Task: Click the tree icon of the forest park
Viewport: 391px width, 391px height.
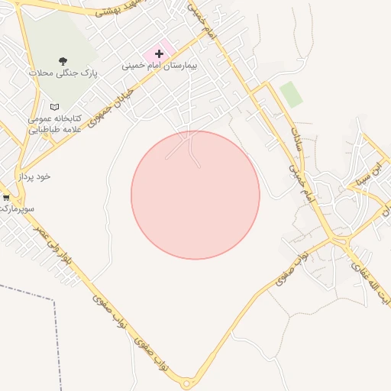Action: coord(62,60)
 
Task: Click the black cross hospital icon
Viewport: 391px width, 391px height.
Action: coord(159,53)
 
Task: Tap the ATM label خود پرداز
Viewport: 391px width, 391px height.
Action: coord(34,176)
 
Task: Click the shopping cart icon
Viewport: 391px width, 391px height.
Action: coord(6,197)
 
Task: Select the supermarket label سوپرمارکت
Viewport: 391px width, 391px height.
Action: coord(18,208)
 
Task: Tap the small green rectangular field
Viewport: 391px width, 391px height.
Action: coord(291,94)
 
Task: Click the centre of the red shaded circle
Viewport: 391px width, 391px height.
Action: coord(195,195)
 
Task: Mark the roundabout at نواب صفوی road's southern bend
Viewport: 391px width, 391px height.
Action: coord(187,383)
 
